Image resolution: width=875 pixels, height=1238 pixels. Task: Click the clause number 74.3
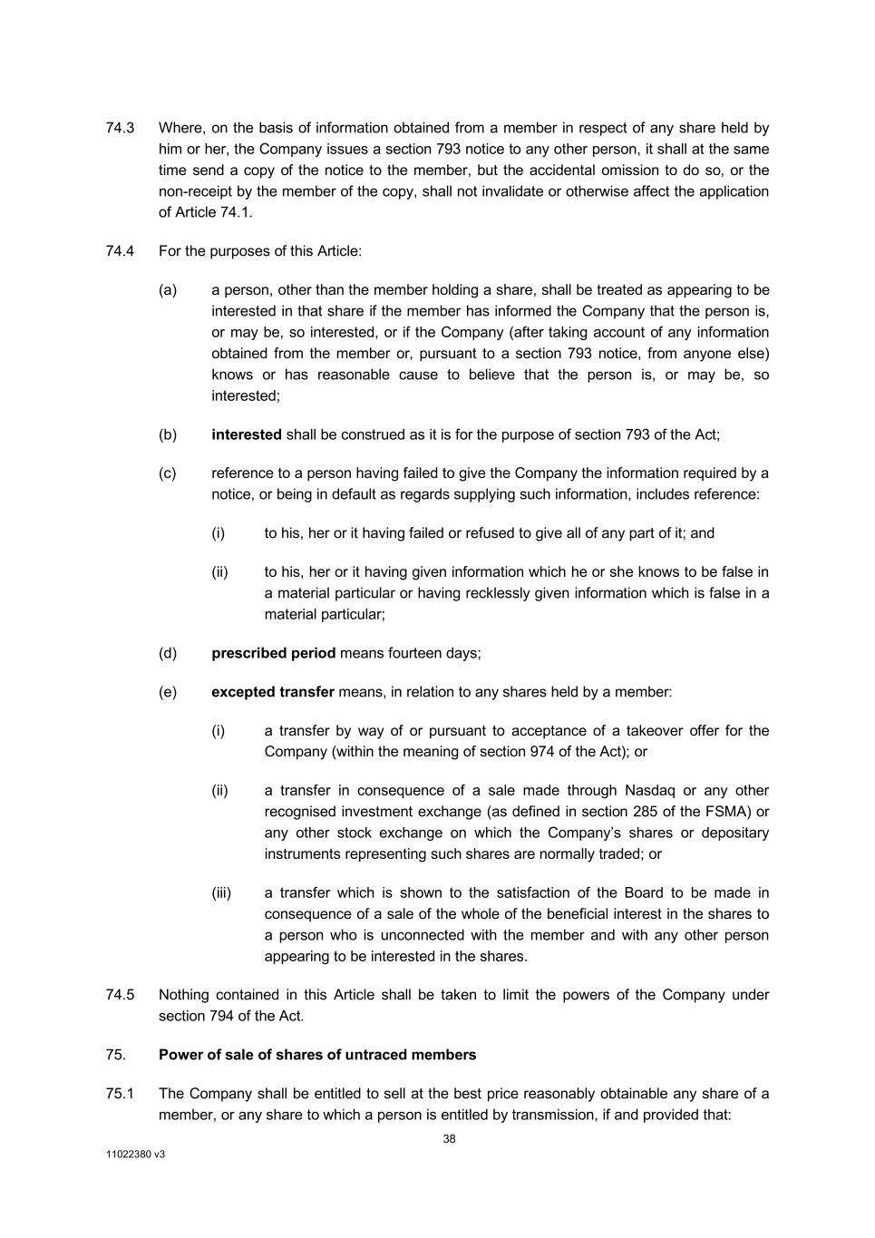120,128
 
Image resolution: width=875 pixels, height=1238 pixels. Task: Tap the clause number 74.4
120,251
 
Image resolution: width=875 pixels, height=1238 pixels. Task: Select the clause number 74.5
120,995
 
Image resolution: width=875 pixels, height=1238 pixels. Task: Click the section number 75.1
120,1094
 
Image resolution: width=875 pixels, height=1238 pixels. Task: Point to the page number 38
449,1139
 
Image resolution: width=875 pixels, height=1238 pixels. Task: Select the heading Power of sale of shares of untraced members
317,1055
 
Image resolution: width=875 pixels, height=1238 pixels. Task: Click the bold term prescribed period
273,653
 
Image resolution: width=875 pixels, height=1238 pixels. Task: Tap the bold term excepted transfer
272,692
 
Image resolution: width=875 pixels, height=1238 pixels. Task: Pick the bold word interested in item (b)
246,434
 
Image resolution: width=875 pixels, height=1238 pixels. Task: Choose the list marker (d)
168,653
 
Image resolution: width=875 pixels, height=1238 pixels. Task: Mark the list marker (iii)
221,893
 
